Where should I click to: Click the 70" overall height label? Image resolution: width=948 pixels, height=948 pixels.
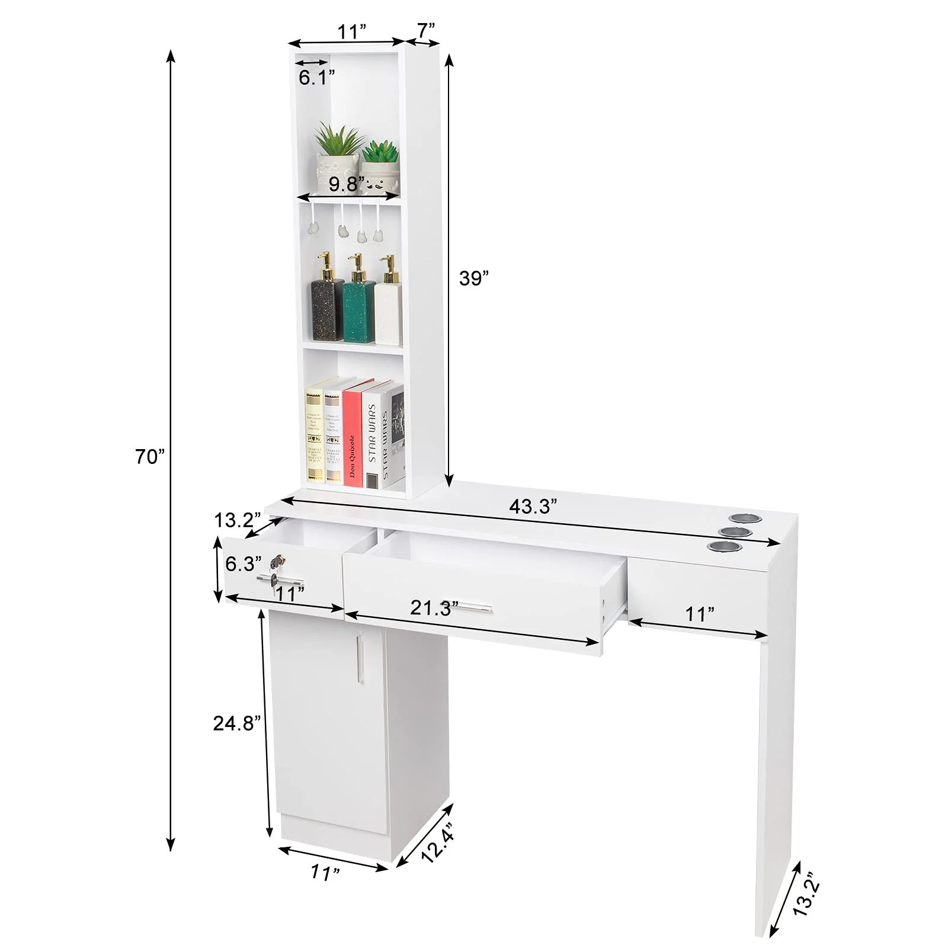click(149, 457)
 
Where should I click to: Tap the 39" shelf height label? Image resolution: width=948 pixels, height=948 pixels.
click(474, 278)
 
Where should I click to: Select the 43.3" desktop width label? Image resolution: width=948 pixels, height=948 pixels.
click(533, 506)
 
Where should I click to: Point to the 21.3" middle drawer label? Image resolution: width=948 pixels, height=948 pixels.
click(434, 607)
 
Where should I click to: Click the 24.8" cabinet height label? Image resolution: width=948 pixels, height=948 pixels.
click(237, 723)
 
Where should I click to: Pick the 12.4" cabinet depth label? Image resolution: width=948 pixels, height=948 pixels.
click(439, 841)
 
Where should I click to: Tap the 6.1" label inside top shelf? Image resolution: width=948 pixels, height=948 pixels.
click(316, 78)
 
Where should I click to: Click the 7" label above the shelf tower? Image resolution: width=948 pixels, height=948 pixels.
click(425, 30)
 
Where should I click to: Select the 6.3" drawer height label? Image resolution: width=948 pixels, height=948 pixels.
click(242, 563)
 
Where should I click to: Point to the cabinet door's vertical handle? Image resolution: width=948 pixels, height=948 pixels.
click(359, 658)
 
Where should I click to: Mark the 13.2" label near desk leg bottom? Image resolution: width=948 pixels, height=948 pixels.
click(806, 894)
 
